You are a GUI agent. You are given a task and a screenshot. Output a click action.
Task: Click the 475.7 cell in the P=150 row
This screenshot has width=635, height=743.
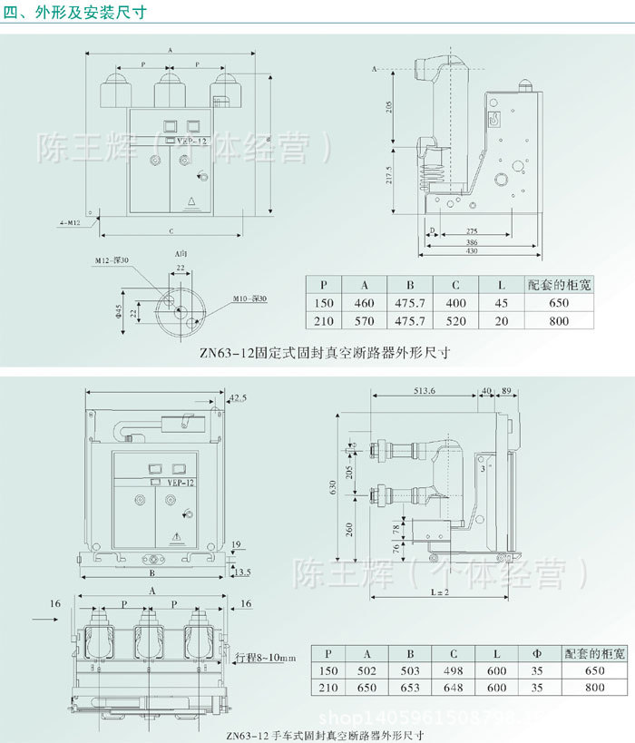tap(410, 303)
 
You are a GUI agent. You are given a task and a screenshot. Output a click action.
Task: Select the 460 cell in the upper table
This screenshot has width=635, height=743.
tap(364, 303)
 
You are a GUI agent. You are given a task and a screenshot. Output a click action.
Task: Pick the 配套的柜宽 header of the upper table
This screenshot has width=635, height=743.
tap(560, 285)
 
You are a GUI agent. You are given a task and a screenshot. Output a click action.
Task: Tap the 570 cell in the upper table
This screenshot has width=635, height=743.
tap(364, 321)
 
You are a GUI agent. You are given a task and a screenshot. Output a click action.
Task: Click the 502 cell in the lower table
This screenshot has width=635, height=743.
tap(367, 670)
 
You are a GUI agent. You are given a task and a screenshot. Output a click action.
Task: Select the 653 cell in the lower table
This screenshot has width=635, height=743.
tap(410, 687)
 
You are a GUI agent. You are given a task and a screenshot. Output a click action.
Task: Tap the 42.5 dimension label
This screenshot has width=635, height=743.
tap(238, 398)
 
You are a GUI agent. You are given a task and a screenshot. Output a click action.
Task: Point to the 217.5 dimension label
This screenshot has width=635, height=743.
tap(388, 172)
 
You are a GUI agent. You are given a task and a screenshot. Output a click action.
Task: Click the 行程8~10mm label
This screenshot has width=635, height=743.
tap(265, 657)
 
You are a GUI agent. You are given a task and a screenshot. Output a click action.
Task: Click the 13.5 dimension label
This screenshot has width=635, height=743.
tap(240, 572)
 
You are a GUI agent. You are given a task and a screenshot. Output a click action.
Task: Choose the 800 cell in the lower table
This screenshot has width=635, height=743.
tap(594, 687)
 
